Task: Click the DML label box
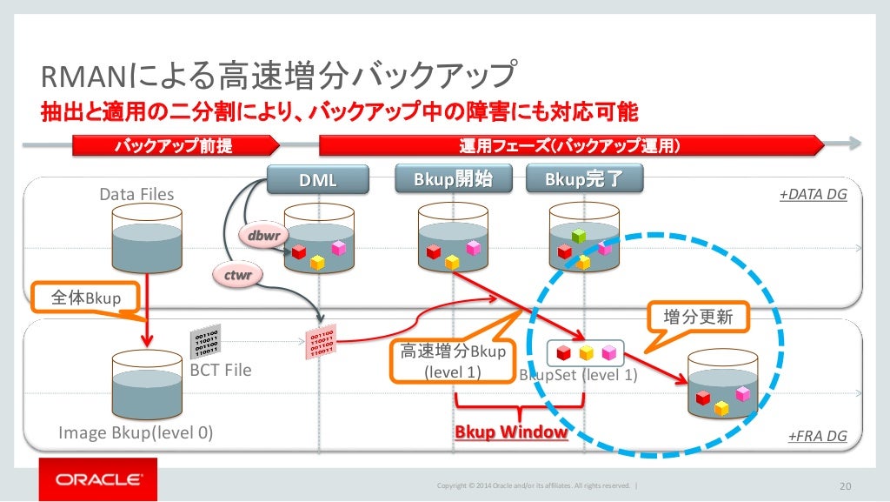click(317, 180)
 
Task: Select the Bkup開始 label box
click(453, 179)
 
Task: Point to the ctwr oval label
click(237, 276)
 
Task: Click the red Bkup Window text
click(511, 432)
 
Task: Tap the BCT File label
click(221, 370)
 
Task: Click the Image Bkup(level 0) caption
click(136, 432)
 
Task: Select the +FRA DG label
click(817, 436)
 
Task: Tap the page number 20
click(842, 485)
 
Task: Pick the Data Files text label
click(136, 195)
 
